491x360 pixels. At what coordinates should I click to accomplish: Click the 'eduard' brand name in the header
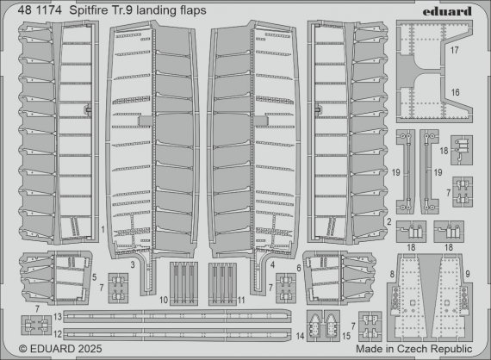click(455, 9)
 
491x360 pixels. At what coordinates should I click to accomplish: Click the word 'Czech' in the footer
click(422, 349)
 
